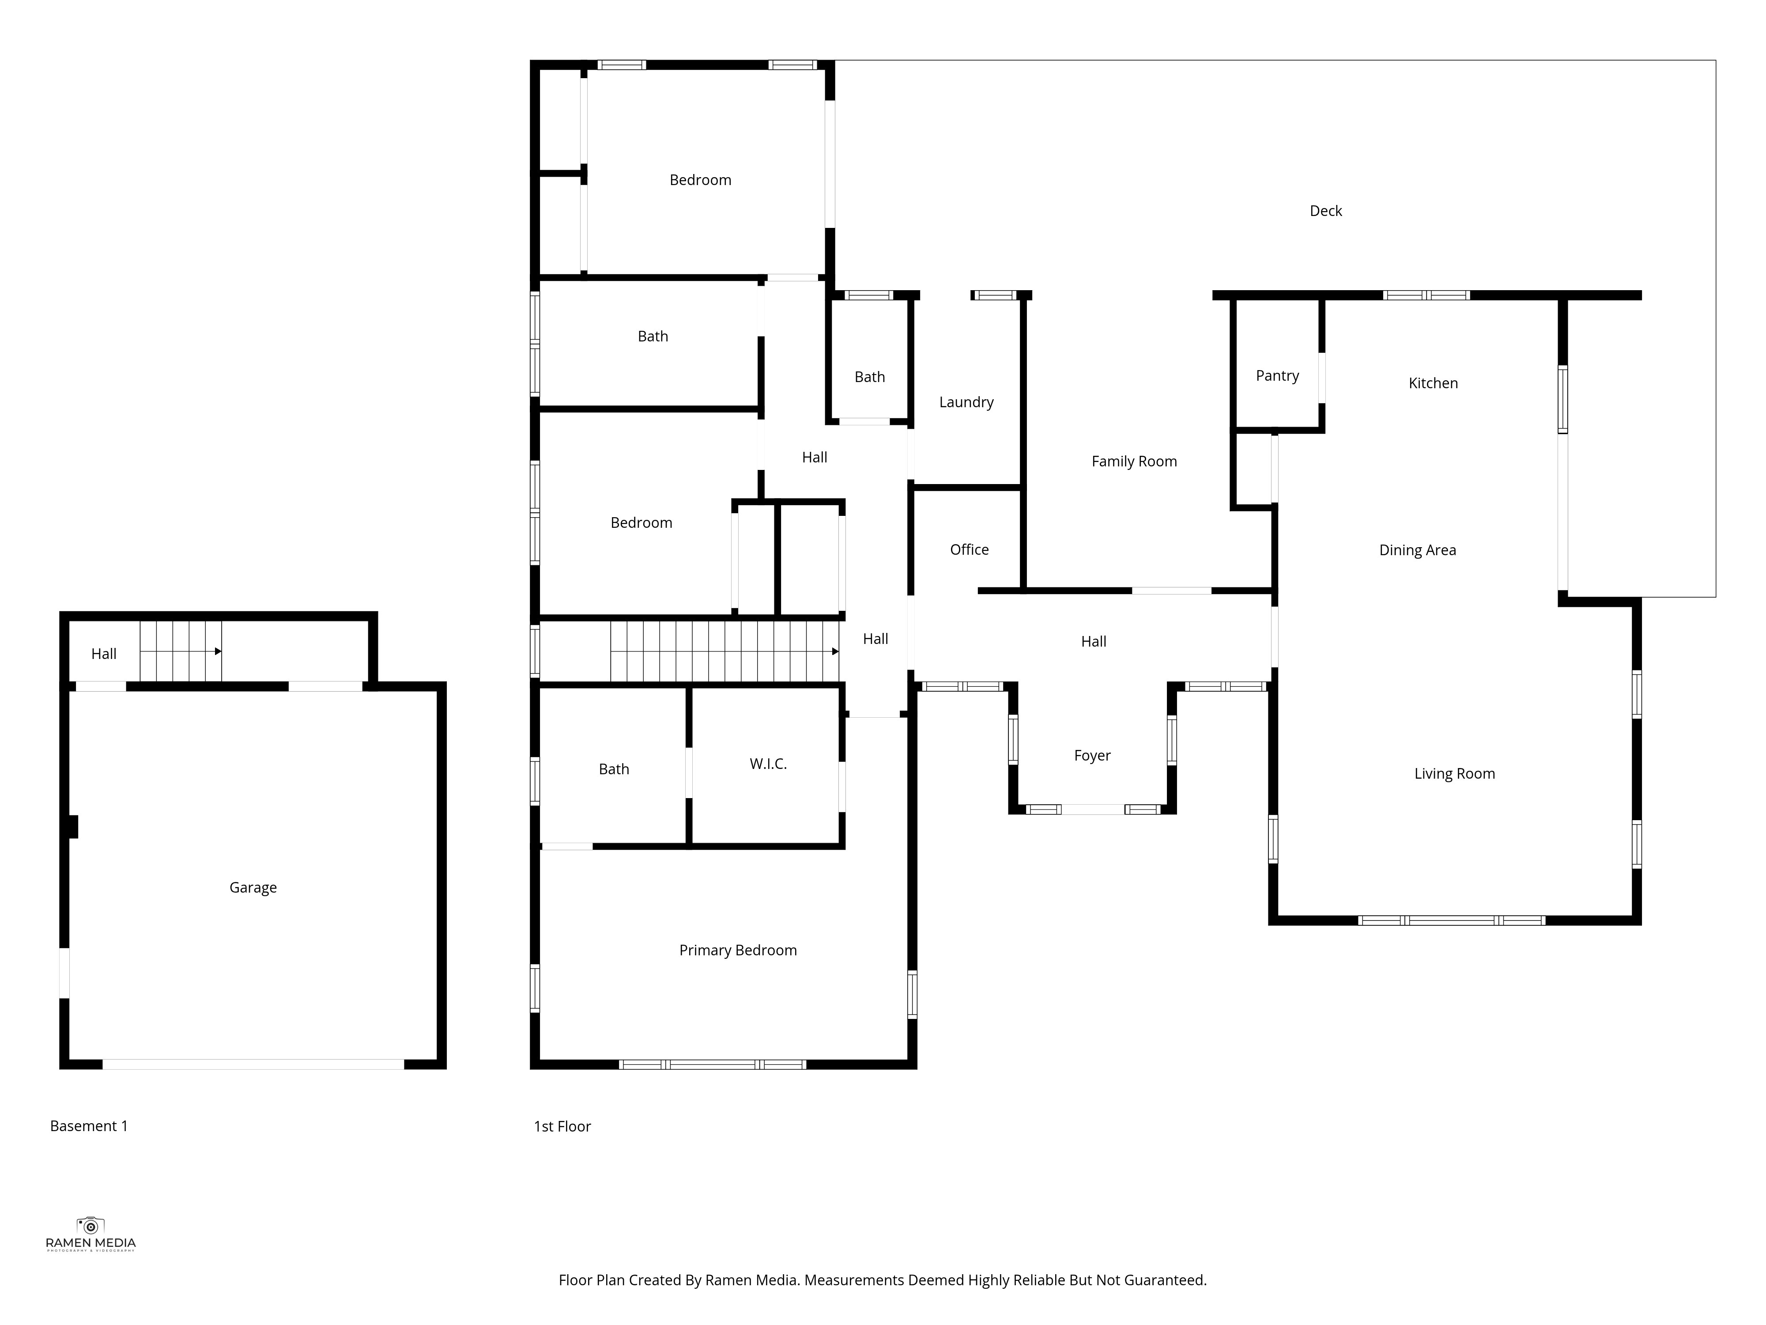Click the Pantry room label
[x=1277, y=376]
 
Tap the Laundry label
[x=966, y=402]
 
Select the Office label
[x=969, y=549]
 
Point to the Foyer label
[x=1092, y=756]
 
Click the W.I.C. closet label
[x=768, y=765]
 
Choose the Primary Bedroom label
[x=738, y=950]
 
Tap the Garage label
[x=253, y=888]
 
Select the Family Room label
[x=1134, y=462]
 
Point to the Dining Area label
[x=1417, y=550]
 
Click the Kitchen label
[x=1433, y=383]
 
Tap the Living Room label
[x=1455, y=774]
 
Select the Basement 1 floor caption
[x=89, y=1126]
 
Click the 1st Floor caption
[x=562, y=1127]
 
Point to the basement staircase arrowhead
[x=218, y=652]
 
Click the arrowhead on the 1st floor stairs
[x=835, y=652]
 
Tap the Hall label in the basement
[x=104, y=654]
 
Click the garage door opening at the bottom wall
[x=253, y=1064]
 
